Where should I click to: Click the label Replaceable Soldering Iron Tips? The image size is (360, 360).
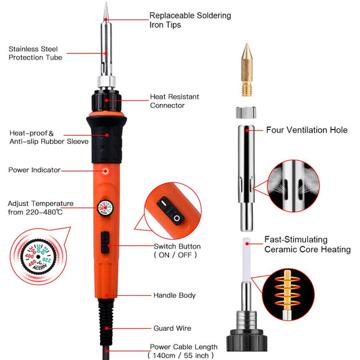click(190, 20)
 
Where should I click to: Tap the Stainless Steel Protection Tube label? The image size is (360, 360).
click(35, 53)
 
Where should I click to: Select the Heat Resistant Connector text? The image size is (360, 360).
click(174, 101)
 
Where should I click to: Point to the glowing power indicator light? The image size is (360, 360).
click(105, 171)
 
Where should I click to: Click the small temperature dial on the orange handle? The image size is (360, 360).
click(105, 208)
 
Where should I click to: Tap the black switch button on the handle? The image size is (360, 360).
click(105, 242)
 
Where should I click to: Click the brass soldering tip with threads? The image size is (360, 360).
click(247, 70)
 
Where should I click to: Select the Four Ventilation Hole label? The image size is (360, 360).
click(307, 130)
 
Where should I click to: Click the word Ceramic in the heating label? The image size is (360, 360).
click(280, 249)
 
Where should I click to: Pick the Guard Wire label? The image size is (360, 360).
click(172, 328)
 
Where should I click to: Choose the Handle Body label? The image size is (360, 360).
click(174, 295)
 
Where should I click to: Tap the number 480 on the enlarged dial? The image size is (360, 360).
click(32, 263)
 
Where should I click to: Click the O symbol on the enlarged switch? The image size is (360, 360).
click(176, 218)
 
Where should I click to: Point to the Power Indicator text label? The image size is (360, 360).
click(34, 170)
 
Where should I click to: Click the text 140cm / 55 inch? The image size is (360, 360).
click(181, 355)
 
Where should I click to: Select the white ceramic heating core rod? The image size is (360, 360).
click(247, 259)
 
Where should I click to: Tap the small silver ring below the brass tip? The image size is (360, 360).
click(246, 113)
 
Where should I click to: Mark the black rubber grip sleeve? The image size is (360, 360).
click(107, 140)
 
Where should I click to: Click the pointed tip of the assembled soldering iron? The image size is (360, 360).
click(106, 3)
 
